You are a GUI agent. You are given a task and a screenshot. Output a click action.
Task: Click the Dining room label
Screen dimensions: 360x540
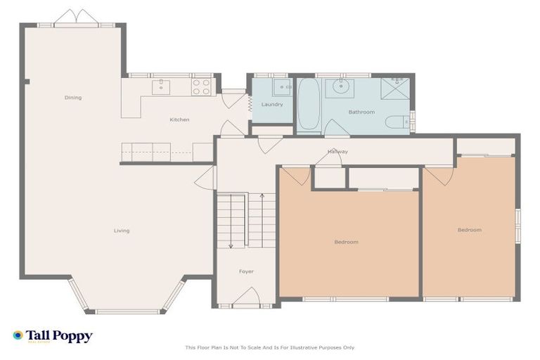(73, 98)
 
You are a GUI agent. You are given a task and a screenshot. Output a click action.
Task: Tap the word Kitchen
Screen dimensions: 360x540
(179, 120)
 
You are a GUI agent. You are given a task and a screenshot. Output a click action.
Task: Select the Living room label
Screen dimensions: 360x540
(122, 231)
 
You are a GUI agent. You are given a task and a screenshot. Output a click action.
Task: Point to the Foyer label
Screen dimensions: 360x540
(246, 271)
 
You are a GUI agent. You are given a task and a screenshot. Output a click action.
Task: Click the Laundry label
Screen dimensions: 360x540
(272, 105)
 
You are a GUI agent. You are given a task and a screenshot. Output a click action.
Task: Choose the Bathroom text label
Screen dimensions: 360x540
(361, 112)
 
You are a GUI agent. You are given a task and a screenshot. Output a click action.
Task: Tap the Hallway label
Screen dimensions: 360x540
(337, 152)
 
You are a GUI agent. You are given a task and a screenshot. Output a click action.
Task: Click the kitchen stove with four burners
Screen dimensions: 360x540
(201, 86)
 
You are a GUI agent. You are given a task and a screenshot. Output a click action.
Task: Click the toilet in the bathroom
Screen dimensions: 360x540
(397, 122)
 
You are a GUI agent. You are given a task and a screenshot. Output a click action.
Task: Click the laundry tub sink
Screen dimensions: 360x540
(282, 87)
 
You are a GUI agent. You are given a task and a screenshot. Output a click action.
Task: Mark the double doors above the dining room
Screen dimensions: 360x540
(77, 18)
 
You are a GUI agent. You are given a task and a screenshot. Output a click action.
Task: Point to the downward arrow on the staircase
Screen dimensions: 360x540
(231, 245)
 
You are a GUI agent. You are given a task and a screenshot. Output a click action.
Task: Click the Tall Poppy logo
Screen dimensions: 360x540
(53, 336)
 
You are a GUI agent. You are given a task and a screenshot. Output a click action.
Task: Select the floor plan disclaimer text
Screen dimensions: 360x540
(270, 347)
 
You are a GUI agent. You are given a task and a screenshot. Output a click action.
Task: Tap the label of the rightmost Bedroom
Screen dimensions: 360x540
(469, 230)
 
